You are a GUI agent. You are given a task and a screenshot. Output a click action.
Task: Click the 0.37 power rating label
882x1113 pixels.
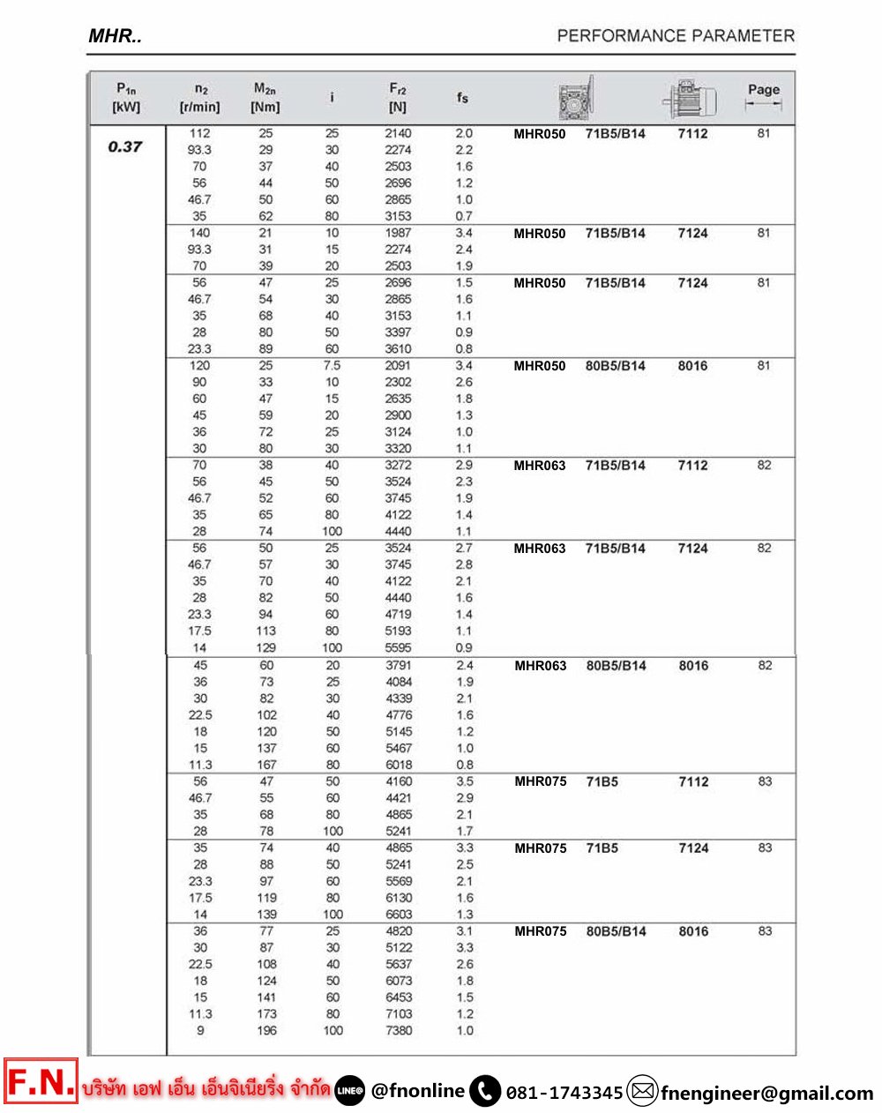(124, 147)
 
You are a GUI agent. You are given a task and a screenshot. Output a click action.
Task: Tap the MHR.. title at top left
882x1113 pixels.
(115, 36)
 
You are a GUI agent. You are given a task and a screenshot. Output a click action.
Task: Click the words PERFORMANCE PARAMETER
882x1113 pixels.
(676, 36)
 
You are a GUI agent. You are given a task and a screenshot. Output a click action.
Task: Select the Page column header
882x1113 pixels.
(763, 90)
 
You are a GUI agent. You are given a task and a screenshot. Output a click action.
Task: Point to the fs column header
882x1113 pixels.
(463, 98)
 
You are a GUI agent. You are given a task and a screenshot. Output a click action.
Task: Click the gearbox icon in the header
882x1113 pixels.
(577, 99)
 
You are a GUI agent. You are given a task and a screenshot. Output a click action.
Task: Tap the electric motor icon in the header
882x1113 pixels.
(691, 98)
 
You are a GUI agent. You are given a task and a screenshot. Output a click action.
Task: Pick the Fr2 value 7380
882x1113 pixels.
(399, 1030)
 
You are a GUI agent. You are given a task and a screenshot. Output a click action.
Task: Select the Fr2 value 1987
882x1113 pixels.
(398, 233)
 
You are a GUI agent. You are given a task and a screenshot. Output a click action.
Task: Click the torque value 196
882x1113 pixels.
(266, 1030)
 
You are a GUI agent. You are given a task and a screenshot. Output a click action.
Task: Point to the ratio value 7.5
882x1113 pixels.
(332, 365)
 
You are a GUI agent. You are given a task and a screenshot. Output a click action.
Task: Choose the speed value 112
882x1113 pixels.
(200, 133)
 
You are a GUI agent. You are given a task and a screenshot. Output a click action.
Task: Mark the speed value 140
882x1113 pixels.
(200, 233)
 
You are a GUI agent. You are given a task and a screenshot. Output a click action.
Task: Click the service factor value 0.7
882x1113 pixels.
(464, 216)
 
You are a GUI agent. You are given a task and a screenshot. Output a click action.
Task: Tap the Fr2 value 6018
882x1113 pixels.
(399, 765)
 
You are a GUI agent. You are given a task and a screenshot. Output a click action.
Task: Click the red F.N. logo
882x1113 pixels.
(41, 1082)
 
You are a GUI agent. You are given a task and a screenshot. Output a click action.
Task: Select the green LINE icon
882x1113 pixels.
(350, 1091)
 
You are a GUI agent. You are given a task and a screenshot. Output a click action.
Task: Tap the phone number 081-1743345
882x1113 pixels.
(564, 1093)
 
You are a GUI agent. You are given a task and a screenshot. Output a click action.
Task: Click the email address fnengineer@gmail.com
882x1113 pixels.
(766, 1093)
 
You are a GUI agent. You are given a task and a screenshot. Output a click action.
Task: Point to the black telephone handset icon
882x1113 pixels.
(485, 1091)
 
